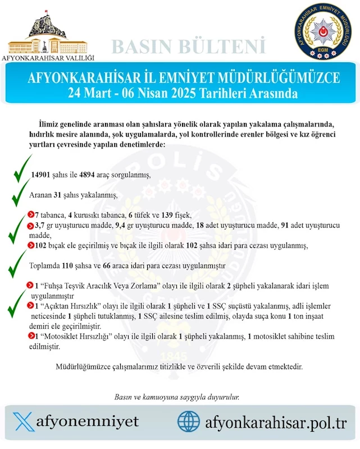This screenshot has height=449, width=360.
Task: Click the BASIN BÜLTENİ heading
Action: (x=189, y=45)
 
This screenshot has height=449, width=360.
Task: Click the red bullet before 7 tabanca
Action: (x=30, y=215)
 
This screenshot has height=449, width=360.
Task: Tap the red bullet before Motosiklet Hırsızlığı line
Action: (x=30, y=336)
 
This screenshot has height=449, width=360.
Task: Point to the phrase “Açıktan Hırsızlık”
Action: (x=61, y=306)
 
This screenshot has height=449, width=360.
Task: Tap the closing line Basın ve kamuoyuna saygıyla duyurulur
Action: (x=177, y=397)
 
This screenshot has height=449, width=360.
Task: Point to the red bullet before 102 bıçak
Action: (x=30, y=245)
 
